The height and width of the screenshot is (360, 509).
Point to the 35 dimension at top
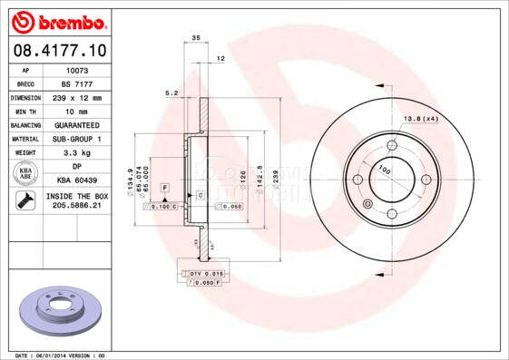[x=196, y=37]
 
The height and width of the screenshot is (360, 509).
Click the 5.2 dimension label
[x=171, y=92]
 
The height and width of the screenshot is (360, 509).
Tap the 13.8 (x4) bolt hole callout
[x=420, y=120]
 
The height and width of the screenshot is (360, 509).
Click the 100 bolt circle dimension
[x=384, y=170]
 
